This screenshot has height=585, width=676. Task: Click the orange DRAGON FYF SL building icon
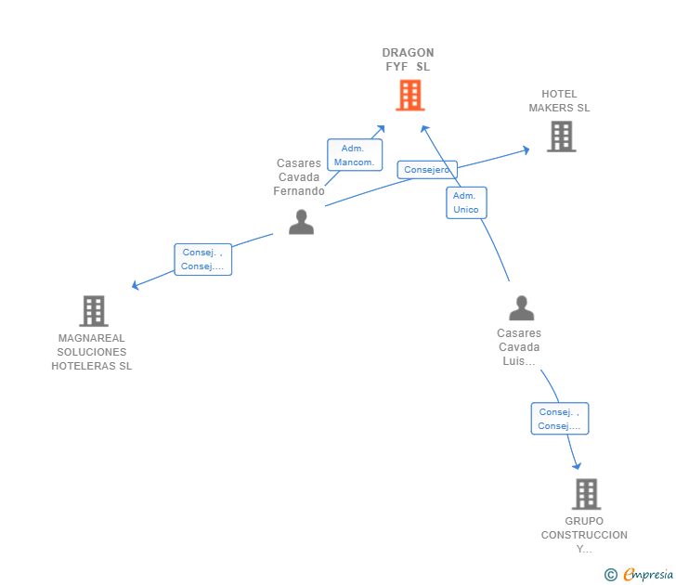point(409,95)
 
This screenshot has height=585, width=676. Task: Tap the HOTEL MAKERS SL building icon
point(561,136)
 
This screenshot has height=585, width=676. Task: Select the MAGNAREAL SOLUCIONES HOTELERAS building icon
point(93,311)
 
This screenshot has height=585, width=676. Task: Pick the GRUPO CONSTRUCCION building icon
point(586,494)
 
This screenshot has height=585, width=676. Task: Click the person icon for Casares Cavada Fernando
point(301,222)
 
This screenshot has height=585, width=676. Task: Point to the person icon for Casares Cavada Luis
point(522,307)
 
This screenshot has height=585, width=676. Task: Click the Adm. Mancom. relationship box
point(355,155)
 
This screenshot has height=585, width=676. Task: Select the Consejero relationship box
point(427,170)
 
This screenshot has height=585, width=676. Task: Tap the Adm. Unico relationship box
point(465,202)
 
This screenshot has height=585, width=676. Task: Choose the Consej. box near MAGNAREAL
point(202,259)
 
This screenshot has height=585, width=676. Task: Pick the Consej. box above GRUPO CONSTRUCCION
point(559,419)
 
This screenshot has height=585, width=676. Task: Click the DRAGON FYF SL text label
point(408,59)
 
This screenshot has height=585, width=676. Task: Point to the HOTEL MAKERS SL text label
point(559,100)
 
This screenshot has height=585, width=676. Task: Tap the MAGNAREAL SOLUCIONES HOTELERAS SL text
point(92,352)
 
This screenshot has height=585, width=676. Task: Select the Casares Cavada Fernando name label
point(299,177)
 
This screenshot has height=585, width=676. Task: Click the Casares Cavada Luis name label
point(518,347)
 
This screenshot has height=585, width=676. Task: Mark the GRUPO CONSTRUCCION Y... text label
point(584,535)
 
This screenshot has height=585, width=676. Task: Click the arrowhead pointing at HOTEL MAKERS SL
point(526,149)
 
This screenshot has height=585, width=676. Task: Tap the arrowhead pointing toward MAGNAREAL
point(136,285)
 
